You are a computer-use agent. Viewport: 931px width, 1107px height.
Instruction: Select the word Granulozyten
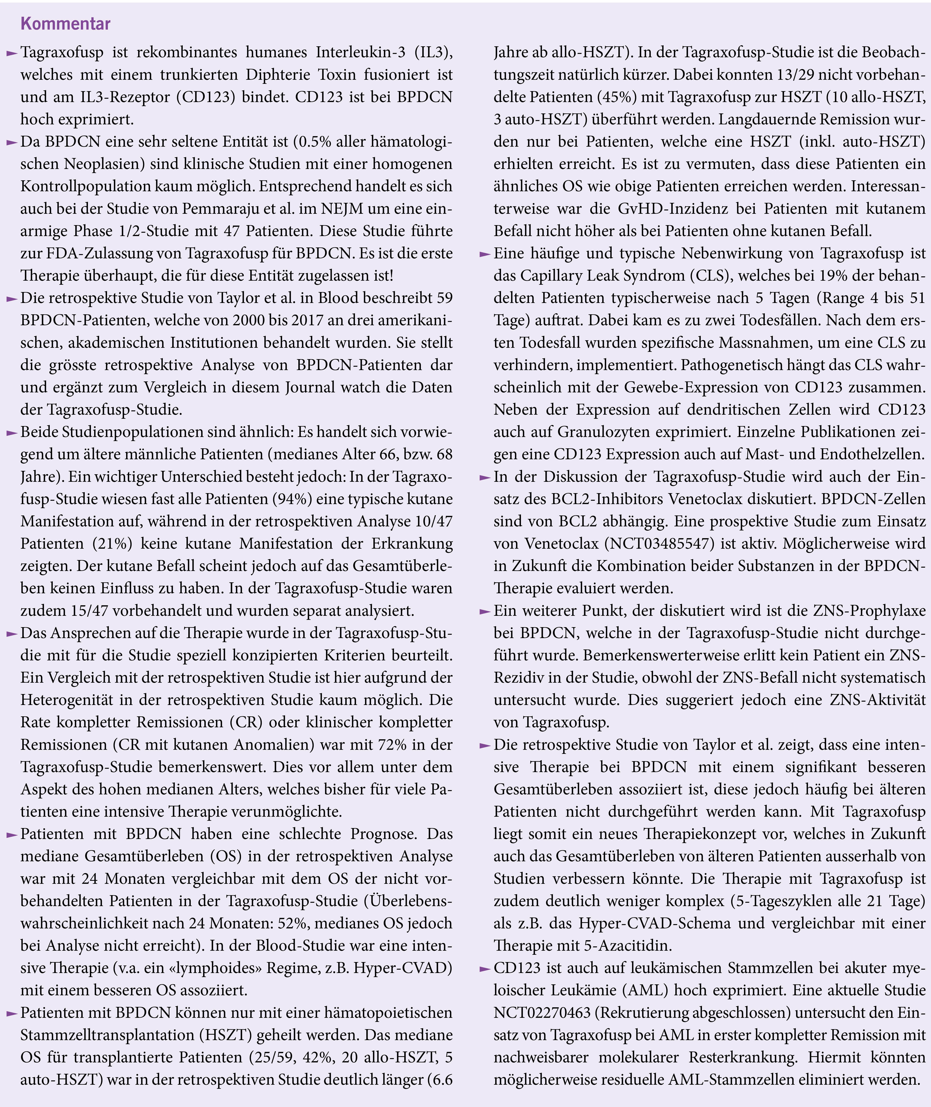pyautogui.click(x=605, y=432)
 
